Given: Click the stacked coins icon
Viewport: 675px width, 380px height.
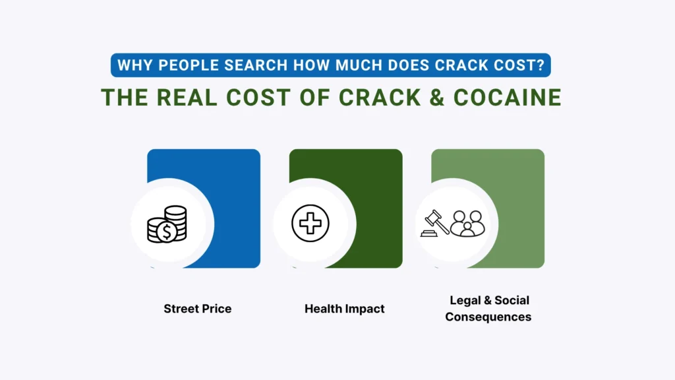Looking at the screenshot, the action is [167, 224].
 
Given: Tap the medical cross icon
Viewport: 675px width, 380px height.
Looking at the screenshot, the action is [310, 223].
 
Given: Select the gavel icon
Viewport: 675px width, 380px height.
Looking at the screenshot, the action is [435, 223].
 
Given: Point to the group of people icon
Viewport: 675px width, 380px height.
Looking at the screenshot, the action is [467, 224].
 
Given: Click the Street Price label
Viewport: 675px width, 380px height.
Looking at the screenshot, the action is [198, 309].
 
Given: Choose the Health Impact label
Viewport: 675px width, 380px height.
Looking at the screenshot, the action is [344, 309].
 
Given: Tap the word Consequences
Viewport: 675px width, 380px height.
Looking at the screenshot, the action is [488, 317].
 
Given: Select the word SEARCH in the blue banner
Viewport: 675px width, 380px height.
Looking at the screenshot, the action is [256, 65].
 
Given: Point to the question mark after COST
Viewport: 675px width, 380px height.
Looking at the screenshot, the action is [541, 65].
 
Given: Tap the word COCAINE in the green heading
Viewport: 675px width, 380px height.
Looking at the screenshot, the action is [508, 97].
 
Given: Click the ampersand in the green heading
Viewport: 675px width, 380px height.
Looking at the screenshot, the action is [436, 97].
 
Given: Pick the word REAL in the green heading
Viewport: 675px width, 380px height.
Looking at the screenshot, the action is [187, 97].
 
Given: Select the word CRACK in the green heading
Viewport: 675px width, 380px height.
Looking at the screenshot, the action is [380, 97].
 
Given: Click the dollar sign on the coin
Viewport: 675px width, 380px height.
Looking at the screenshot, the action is [166, 232].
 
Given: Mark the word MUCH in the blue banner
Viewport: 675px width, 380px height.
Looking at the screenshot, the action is [359, 65].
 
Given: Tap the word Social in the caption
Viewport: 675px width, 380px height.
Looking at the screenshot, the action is [512, 300].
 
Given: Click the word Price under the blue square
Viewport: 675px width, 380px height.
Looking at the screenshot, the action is [216, 309].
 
